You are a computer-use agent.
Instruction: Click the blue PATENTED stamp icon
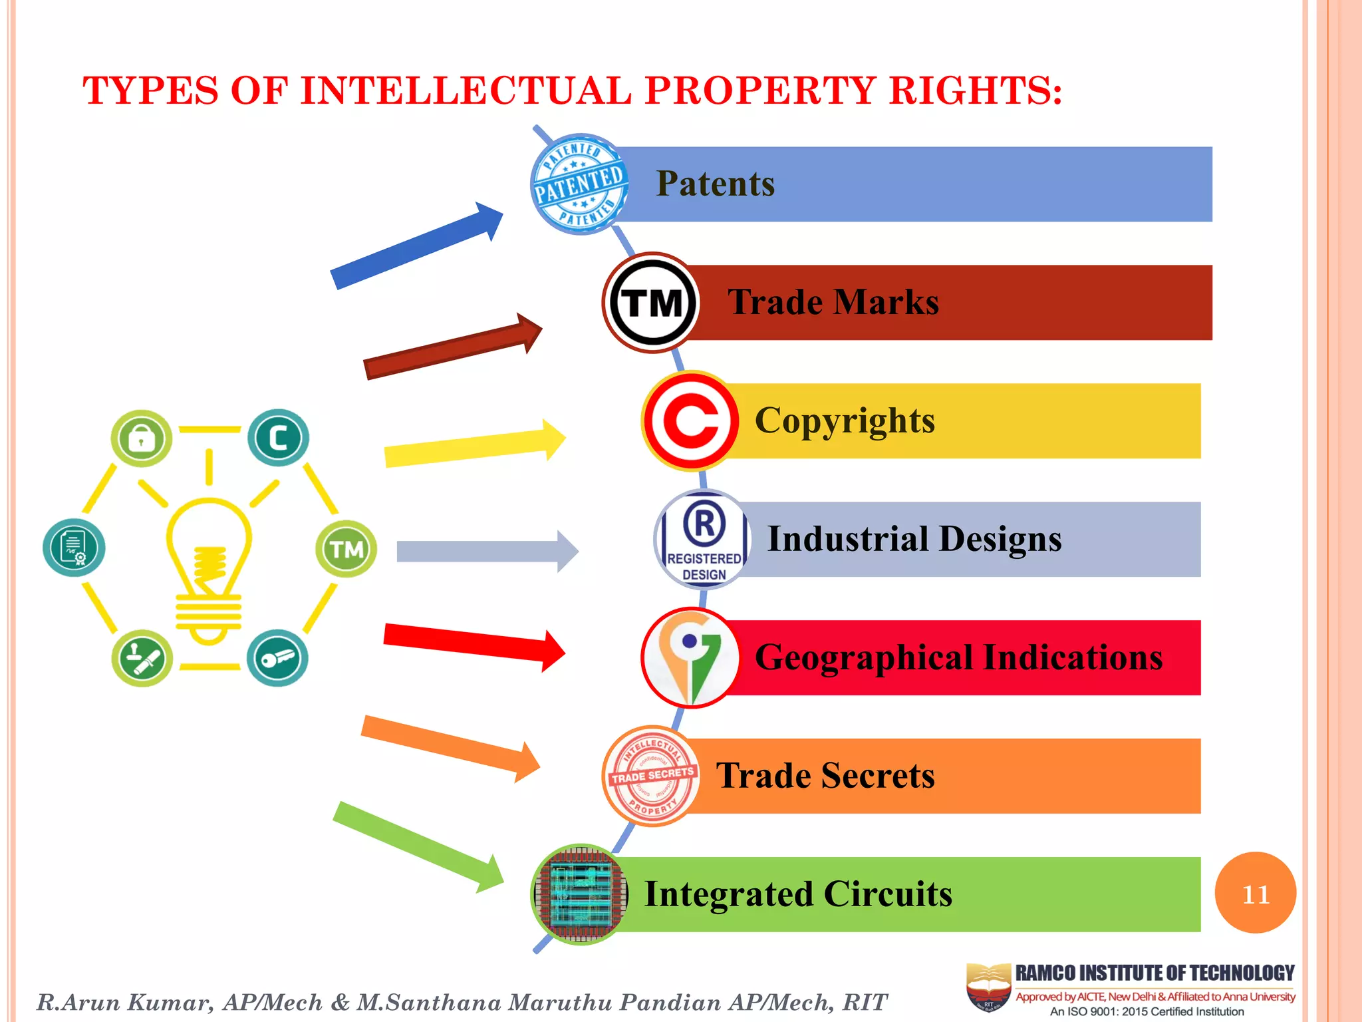point(580,184)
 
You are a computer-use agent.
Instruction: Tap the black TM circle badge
point(652,303)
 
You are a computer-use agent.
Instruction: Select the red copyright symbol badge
point(691,421)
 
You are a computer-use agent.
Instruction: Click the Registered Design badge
point(704,540)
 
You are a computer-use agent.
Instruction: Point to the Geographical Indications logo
point(691,657)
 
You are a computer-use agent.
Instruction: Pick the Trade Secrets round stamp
point(652,776)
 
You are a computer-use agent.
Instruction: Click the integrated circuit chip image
point(580,894)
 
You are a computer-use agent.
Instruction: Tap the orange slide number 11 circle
point(1255,893)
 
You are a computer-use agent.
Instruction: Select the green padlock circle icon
point(141,438)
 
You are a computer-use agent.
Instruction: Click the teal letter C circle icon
point(278,438)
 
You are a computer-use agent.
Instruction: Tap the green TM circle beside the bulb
point(346,549)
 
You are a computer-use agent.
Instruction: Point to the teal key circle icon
point(277,659)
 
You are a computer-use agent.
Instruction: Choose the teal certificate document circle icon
point(74,548)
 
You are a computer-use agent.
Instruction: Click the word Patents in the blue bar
point(716,184)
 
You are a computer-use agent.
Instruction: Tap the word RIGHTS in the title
point(975,91)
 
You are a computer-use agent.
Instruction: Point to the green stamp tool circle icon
point(142,659)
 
